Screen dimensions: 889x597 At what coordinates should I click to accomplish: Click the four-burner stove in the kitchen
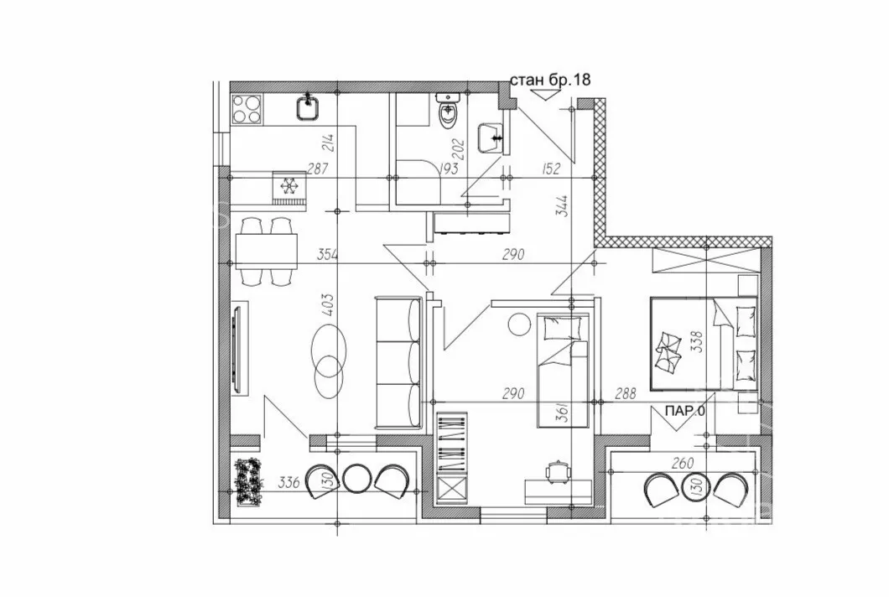247,108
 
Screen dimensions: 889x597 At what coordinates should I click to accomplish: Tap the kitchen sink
309,107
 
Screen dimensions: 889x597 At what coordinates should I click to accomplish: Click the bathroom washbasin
491,138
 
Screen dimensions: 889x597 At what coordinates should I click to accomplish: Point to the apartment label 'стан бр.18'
550,80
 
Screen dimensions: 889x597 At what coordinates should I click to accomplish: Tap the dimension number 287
318,169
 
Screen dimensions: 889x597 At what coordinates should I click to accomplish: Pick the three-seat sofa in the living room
398,362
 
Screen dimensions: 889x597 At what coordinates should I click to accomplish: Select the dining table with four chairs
267,252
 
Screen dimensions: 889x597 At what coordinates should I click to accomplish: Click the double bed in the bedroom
703,344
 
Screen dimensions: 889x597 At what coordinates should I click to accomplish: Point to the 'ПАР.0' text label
685,411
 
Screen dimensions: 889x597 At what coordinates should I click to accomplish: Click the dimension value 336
289,483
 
